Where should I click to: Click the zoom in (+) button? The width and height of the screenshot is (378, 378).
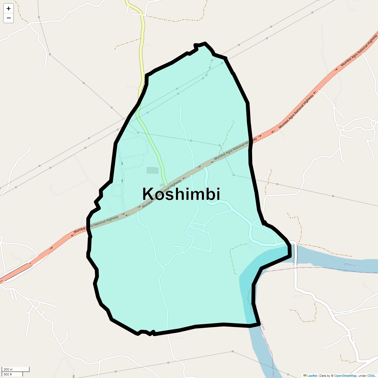(9, 9)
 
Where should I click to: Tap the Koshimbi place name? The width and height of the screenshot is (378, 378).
(181, 194)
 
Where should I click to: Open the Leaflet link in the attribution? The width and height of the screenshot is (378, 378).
(312, 375)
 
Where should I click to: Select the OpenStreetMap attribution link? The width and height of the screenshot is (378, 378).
(345, 375)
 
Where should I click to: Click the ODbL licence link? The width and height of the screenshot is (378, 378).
(371, 375)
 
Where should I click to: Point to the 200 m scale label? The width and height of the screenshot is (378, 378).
(8, 369)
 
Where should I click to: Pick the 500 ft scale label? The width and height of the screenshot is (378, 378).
(8, 374)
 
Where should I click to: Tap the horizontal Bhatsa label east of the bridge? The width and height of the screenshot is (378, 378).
(350, 265)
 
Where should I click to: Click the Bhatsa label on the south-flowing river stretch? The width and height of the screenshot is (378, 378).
(250, 308)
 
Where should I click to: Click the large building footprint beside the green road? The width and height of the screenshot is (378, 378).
(152, 170)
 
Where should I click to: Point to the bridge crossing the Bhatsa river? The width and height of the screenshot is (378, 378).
(294, 252)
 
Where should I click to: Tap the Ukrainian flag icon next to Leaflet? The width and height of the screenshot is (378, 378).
(305, 375)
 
